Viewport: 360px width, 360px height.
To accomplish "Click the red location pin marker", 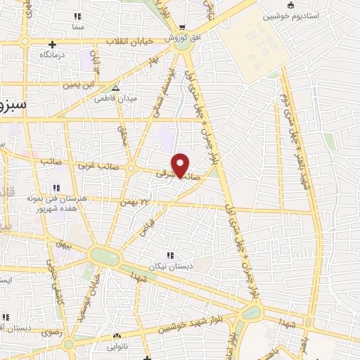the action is [181, 165].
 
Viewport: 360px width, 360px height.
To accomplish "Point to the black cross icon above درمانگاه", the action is [52, 45].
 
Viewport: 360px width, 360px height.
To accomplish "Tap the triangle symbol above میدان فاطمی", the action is [116, 89].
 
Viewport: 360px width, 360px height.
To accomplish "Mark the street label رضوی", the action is [49, 331].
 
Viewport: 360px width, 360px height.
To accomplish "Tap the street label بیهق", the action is [65, 245].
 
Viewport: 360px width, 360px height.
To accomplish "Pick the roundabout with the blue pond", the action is [105, 257].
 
